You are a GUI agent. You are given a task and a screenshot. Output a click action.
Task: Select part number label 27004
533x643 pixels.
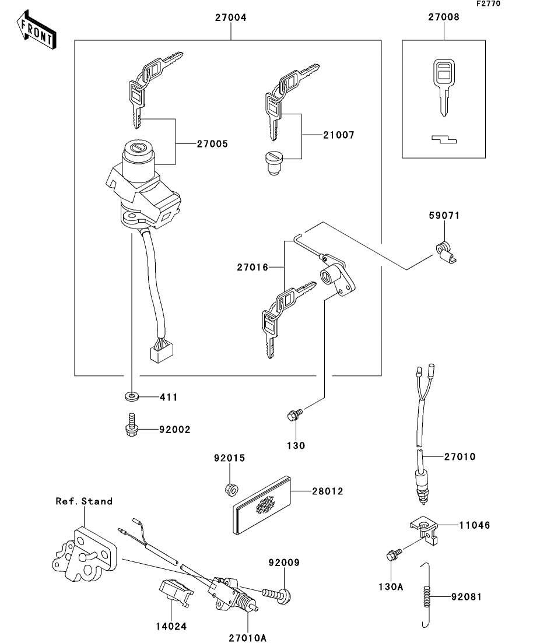tap(231, 17)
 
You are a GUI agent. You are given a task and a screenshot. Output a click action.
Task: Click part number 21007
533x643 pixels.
tap(338, 135)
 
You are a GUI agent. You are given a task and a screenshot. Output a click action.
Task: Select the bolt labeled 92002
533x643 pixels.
tap(131, 424)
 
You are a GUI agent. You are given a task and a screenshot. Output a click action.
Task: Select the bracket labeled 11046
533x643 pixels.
tap(425, 530)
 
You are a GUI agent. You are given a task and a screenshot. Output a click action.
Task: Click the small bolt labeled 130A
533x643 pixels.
tap(394, 554)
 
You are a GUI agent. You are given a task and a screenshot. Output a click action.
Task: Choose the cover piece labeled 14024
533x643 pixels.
tap(175, 593)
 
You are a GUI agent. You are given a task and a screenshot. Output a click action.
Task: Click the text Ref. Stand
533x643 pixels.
tap(84, 501)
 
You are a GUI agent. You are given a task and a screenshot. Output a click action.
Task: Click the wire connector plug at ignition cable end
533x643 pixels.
tap(162, 352)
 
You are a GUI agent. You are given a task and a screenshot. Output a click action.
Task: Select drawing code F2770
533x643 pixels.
tap(488, 3)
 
